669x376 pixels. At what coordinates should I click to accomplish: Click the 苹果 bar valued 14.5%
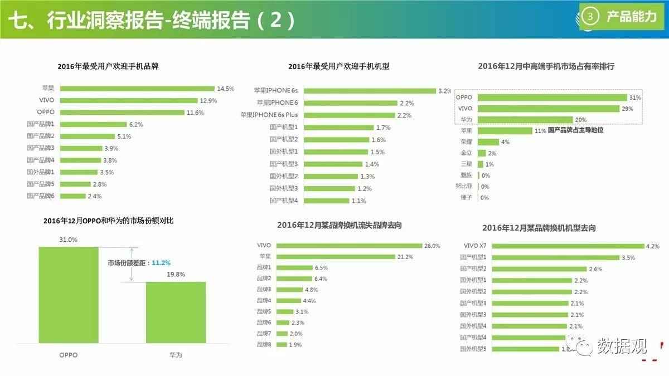(137, 89)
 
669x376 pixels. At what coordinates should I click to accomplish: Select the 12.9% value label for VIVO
(208, 101)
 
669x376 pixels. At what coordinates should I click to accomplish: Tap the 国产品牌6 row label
(41, 196)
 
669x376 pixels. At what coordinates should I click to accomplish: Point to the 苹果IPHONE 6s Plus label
(269, 115)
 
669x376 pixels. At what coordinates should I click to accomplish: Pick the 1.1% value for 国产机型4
(358, 201)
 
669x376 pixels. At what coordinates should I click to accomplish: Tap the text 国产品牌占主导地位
(576, 130)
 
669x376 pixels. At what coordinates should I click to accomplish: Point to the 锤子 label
(467, 198)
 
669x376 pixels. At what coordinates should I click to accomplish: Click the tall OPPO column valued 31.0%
(69, 295)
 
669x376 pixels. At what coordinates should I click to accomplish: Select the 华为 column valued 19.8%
(176, 312)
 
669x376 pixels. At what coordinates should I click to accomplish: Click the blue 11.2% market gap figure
(161, 263)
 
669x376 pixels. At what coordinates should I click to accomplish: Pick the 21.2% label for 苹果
(406, 257)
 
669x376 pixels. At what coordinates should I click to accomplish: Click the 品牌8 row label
(264, 345)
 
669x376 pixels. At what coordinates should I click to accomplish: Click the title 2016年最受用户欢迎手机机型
(338, 66)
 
